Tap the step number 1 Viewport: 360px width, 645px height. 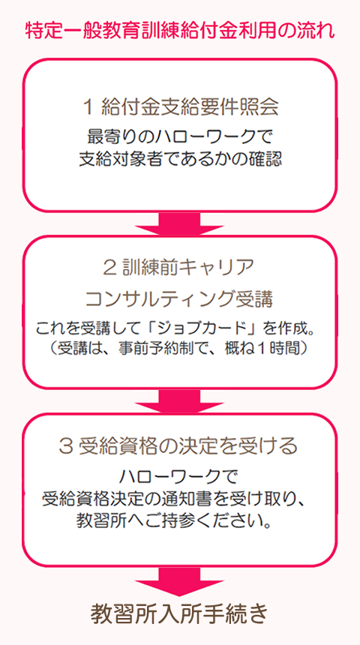88,106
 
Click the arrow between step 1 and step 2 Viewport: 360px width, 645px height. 180,223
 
